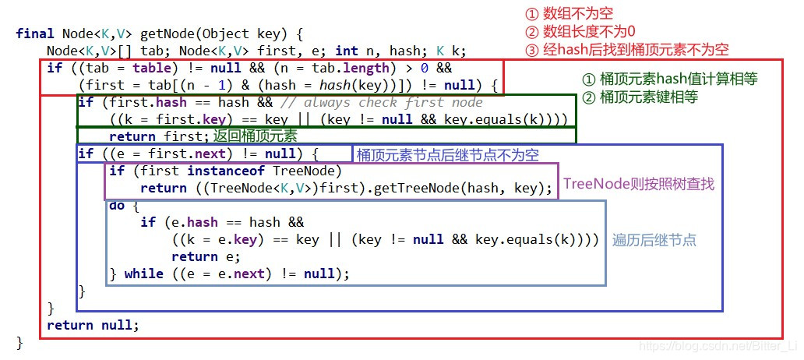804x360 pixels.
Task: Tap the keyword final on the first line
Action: [35, 34]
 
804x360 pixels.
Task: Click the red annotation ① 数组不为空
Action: [569, 15]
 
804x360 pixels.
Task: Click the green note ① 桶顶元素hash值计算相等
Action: [670, 79]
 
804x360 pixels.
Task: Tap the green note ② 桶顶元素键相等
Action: [640, 97]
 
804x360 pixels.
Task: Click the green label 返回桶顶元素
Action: [253, 136]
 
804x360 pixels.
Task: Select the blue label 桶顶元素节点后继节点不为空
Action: [447, 154]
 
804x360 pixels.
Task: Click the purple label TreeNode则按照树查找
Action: [638, 184]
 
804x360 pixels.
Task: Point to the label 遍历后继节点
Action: [654, 240]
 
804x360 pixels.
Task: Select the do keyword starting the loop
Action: [117, 205]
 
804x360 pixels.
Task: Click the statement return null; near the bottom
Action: [93, 325]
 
